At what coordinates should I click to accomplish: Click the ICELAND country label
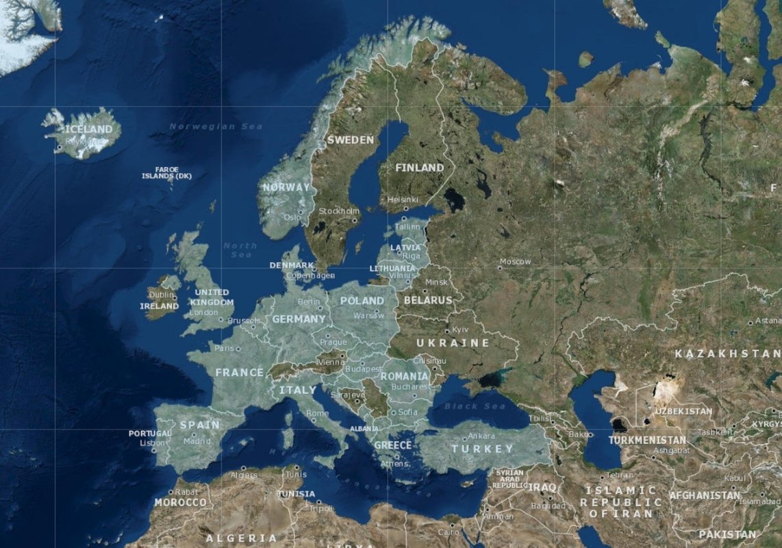[88, 129]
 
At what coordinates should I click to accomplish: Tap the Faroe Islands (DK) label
[167, 173]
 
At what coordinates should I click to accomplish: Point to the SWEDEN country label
[351, 140]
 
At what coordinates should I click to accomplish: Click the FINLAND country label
[420, 167]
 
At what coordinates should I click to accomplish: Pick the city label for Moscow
[515, 262]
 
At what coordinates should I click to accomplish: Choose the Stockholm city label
[339, 211]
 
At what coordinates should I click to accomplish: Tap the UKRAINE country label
[453, 342]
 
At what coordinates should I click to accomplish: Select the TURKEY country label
[482, 449]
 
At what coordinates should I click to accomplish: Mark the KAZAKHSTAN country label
[727, 353]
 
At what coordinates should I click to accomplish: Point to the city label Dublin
[162, 295]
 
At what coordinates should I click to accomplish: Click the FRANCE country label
[240, 373]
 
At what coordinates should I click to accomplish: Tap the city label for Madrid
[197, 441]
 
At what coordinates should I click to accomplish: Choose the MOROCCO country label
[180, 502]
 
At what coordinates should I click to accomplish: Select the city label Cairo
[449, 532]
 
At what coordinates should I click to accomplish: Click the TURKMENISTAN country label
[647, 440]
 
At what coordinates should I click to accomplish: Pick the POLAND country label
[362, 301]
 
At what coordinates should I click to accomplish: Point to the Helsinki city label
[402, 199]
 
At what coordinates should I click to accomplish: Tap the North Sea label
[240, 250]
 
